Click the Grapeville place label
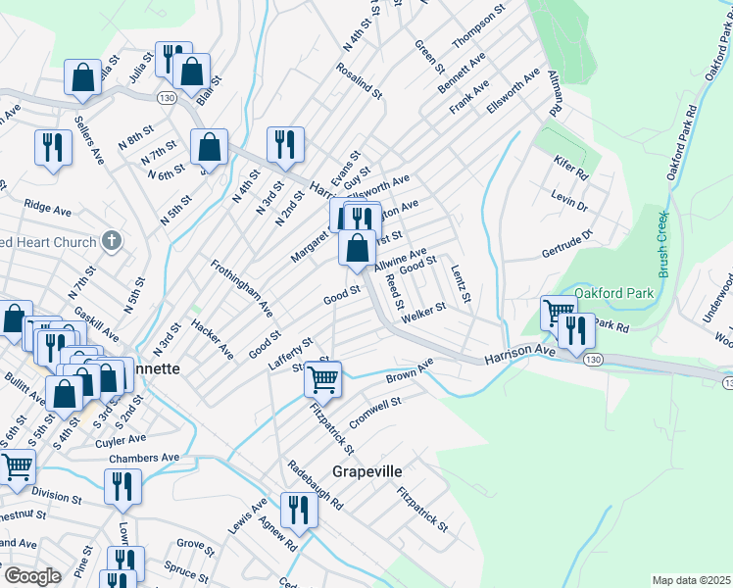[x=366, y=471]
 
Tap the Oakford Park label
[x=613, y=292]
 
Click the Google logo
[x=31, y=576]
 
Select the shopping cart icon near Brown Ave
[x=322, y=377]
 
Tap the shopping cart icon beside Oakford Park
[x=558, y=314]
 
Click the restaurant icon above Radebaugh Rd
[x=298, y=510]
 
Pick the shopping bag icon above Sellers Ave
[x=83, y=77]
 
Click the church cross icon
[x=113, y=241]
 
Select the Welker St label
[x=423, y=309]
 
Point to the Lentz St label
[x=461, y=283]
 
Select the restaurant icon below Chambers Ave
[x=122, y=486]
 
